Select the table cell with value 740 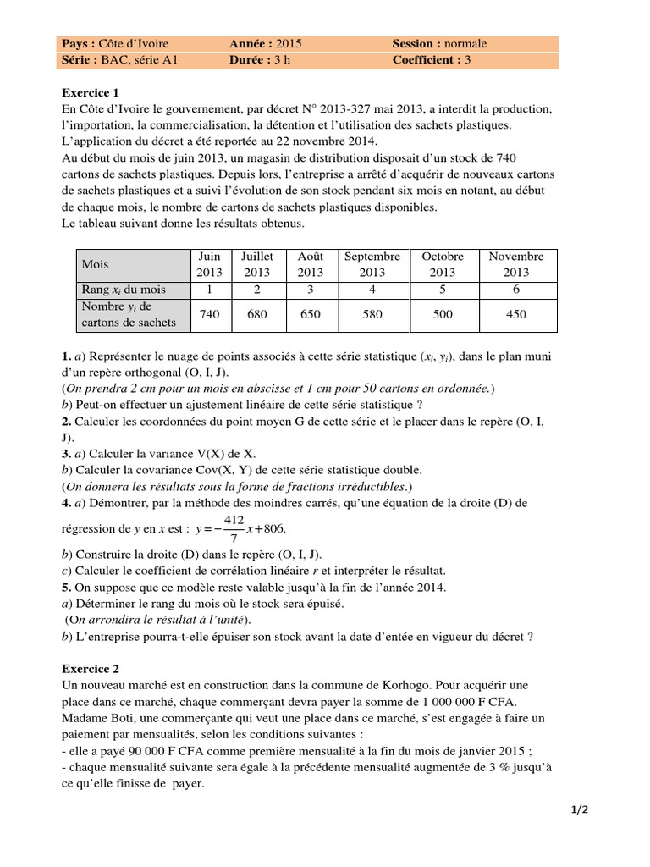(209, 314)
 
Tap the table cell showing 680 (257, 314)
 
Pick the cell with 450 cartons (515, 314)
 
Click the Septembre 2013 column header (372, 264)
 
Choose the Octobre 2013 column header (443, 264)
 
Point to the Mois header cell (95, 264)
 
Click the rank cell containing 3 (311, 290)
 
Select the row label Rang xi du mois (124, 290)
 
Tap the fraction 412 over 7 (234, 528)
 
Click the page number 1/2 (579, 809)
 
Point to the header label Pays (80, 43)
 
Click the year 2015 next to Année (288, 43)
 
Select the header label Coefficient (427, 60)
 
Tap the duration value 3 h (280, 60)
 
